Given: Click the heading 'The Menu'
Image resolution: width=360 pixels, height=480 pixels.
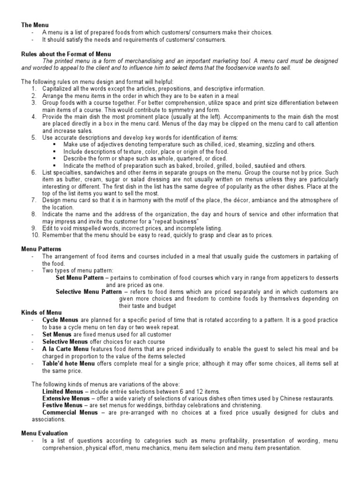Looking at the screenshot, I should [x=35, y=25].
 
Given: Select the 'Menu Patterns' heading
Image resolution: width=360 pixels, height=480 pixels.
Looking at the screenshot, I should [x=41, y=249].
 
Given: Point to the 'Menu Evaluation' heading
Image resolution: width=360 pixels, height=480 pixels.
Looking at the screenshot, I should [x=45, y=434].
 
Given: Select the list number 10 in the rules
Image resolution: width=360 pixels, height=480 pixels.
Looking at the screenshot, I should [x=36, y=235].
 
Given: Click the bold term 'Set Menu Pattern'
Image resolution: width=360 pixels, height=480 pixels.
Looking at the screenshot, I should [x=82, y=277].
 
